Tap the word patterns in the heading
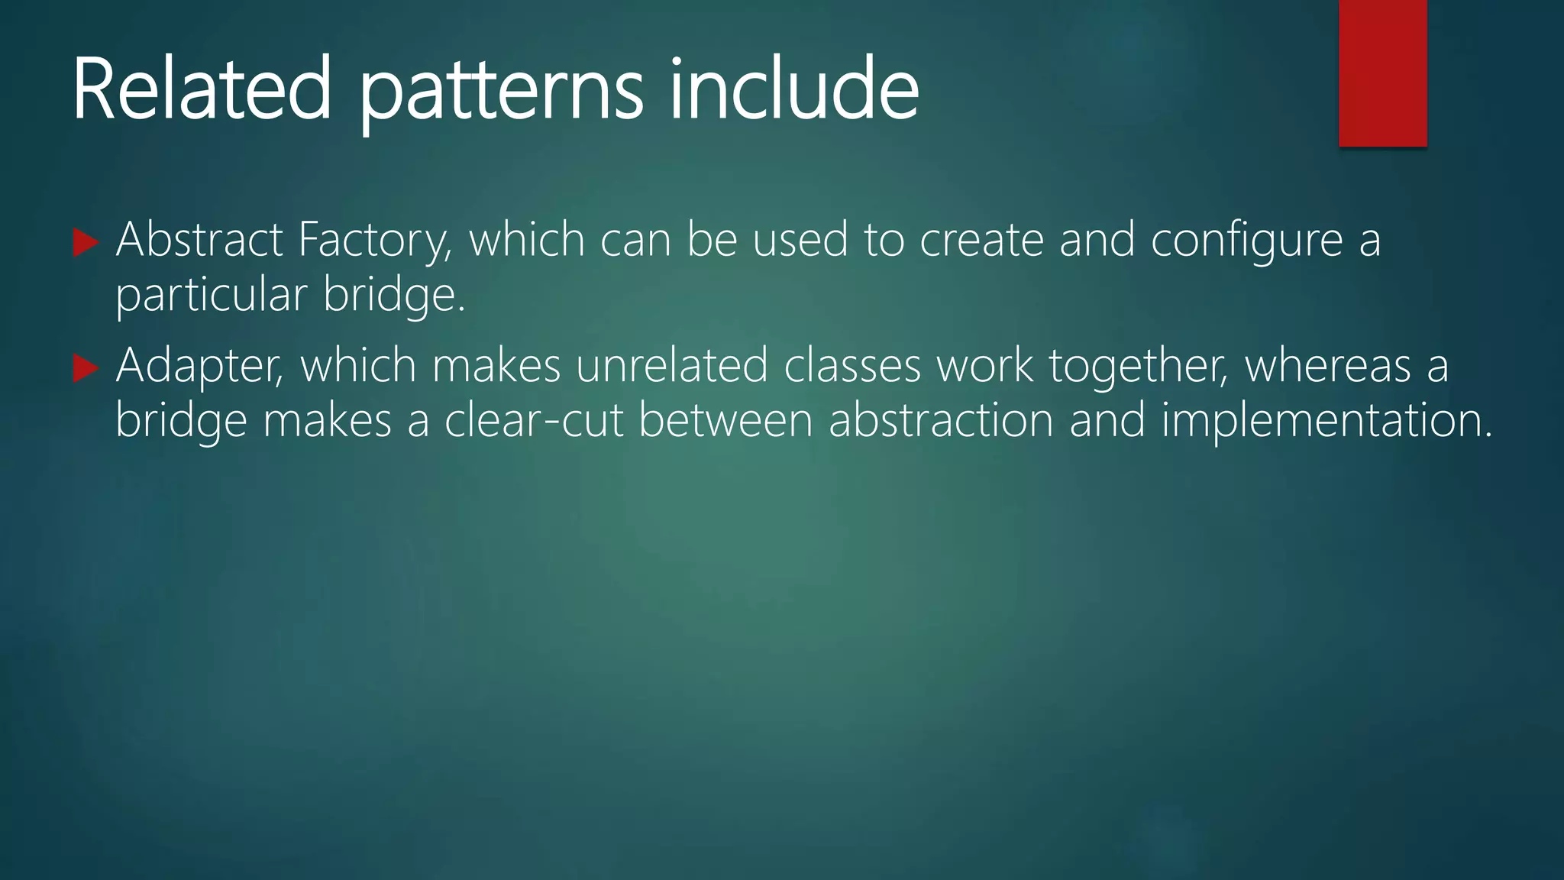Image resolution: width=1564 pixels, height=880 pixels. (x=501, y=93)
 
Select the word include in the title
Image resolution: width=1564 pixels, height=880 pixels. (x=794, y=89)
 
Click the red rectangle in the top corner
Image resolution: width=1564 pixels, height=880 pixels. (x=1382, y=73)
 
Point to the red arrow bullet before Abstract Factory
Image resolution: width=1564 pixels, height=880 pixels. (x=86, y=243)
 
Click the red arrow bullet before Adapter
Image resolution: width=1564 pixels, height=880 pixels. (x=86, y=369)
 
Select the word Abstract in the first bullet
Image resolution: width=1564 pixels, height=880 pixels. (x=199, y=240)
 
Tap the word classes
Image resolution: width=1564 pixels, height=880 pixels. (x=852, y=365)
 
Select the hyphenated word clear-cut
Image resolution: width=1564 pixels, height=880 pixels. (x=534, y=421)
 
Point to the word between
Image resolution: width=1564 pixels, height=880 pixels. (x=725, y=421)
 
